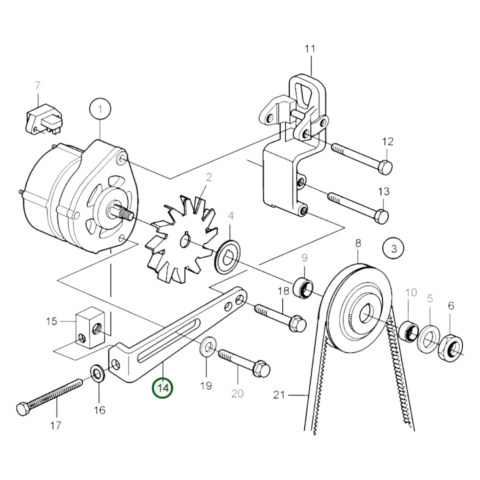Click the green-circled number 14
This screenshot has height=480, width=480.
click(162, 388)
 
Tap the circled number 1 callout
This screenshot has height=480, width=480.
click(100, 109)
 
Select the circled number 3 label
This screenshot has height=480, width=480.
click(393, 248)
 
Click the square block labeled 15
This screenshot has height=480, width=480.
click(90, 327)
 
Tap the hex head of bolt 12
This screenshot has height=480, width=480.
click(386, 167)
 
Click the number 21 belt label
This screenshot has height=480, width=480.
click(279, 395)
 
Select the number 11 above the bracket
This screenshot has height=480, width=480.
click(310, 49)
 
